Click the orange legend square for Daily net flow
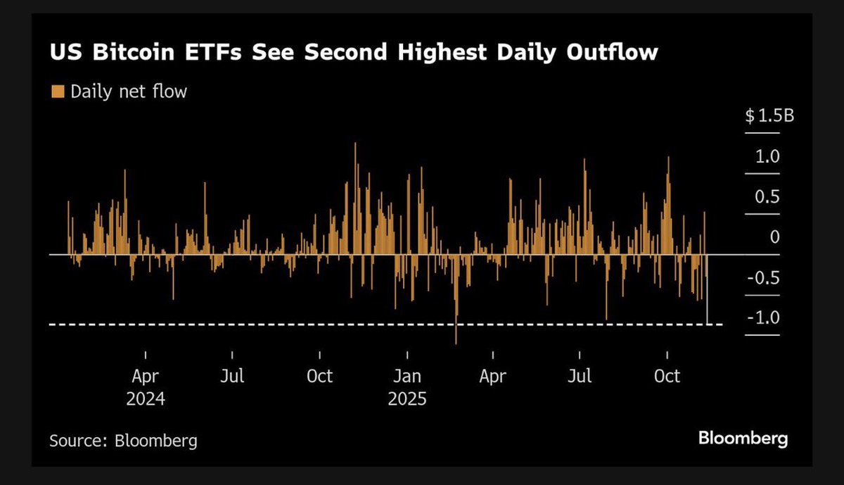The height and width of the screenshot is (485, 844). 58,91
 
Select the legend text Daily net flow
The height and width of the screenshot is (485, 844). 129,91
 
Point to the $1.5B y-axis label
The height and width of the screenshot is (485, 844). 769,116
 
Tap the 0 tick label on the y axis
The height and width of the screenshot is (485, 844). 774,237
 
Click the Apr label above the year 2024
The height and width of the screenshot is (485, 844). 146,376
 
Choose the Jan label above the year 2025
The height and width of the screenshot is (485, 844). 407,376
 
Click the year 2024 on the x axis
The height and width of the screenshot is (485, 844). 146,399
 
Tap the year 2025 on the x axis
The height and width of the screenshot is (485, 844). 407,399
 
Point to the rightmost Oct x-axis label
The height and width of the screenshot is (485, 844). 667,376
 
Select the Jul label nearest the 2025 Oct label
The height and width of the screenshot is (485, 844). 580,376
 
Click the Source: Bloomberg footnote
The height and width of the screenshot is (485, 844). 123,441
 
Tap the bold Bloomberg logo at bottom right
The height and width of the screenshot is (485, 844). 743,439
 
